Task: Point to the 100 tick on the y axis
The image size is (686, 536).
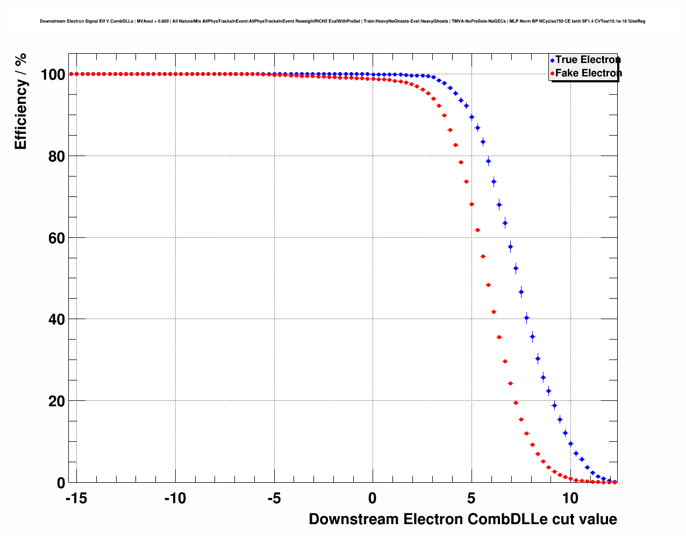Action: point(53,74)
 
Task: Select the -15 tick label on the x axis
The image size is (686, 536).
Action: point(76,498)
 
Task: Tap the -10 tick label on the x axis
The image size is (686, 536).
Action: point(175,498)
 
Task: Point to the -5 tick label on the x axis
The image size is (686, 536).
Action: point(274,498)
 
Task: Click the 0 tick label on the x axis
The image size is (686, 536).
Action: point(373,498)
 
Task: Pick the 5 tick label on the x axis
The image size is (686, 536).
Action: point(471,498)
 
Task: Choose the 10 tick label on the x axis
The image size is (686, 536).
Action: point(570,498)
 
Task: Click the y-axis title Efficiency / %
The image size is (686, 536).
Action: point(20,101)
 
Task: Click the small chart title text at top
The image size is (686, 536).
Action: point(342,22)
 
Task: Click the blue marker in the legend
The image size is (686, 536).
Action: point(552,60)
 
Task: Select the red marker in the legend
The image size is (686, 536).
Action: point(552,74)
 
